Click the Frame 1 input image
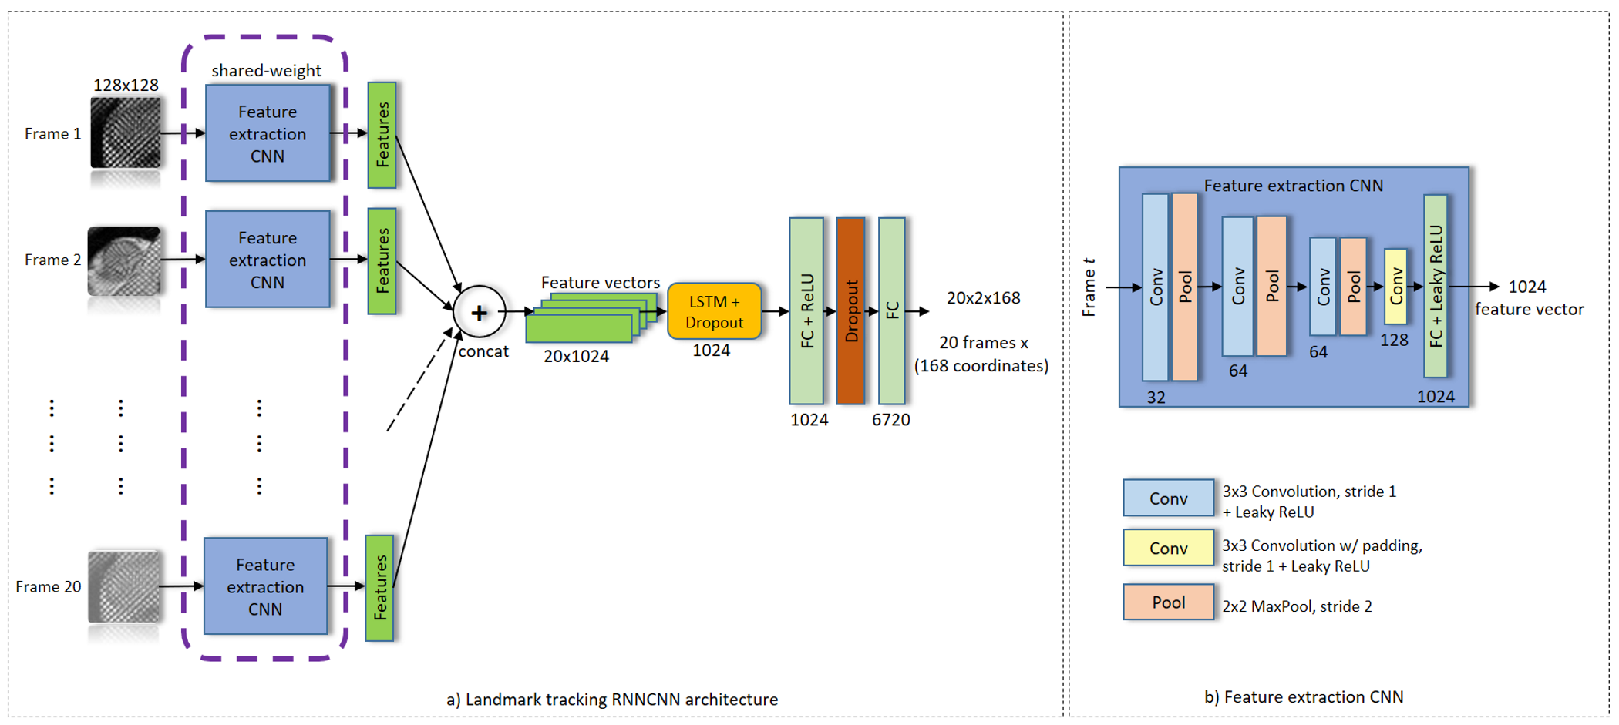126,133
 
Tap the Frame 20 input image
124,586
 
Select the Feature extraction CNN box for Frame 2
268,260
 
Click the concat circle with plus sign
480,312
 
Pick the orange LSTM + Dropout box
714,311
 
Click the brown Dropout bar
850,310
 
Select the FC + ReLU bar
806,310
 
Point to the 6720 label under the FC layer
890,420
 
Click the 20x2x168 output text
983,298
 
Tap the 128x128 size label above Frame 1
126,85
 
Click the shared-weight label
266,71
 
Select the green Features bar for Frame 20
379,588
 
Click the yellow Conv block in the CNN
1395,287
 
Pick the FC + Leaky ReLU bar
1436,286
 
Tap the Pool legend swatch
1168,602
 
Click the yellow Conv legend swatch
1168,548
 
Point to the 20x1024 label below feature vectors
576,357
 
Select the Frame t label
1089,287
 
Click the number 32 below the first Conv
1156,398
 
